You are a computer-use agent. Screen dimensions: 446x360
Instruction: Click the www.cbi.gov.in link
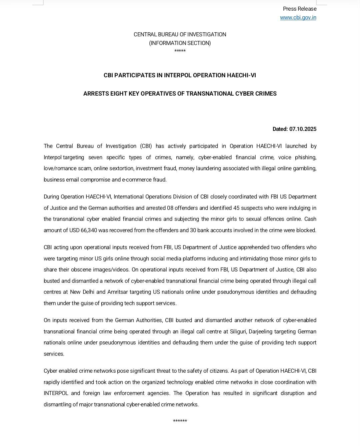(x=298, y=18)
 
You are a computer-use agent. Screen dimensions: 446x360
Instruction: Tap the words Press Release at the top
(x=300, y=9)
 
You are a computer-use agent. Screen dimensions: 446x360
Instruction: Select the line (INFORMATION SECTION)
(x=180, y=43)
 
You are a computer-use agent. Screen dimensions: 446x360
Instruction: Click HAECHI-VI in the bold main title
(x=241, y=75)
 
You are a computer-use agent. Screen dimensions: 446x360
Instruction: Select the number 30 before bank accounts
(x=193, y=230)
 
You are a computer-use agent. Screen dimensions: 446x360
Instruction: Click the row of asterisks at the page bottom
(x=180, y=421)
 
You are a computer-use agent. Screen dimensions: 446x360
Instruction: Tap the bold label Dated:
(x=280, y=129)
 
